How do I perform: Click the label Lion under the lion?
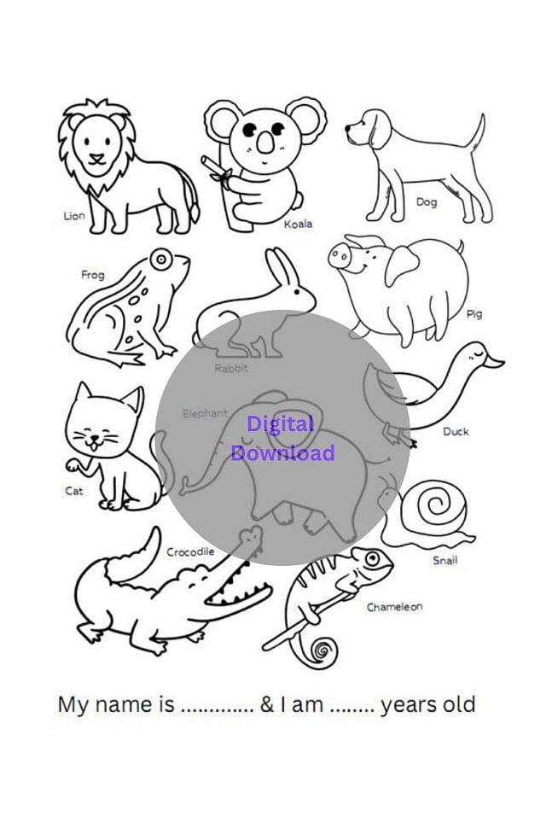(x=74, y=216)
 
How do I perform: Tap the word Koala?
(x=298, y=224)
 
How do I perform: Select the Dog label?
(x=426, y=202)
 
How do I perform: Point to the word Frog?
(x=93, y=275)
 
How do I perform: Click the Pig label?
(x=474, y=314)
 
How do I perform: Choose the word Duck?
(x=456, y=431)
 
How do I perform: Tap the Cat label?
(x=74, y=491)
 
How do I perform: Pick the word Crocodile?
(x=189, y=552)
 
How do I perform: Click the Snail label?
(x=445, y=560)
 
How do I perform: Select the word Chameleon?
(x=394, y=607)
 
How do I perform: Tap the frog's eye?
(x=159, y=258)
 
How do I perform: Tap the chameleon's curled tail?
(x=323, y=651)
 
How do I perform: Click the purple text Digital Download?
(x=282, y=438)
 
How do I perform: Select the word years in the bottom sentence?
(x=409, y=706)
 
